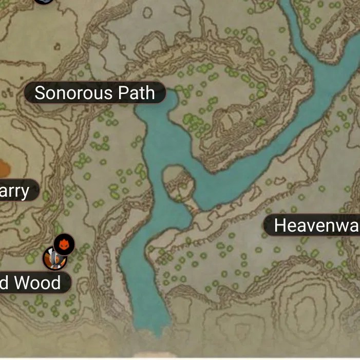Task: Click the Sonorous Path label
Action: pyautogui.click(x=95, y=93)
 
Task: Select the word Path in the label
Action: pyautogui.click(x=136, y=93)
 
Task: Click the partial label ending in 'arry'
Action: pyautogui.click(x=15, y=191)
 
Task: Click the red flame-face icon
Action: pyautogui.click(x=64, y=244)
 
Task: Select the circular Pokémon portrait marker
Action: pyautogui.click(x=53, y=258)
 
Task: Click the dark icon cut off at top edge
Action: pyautogui.click(x=45, y=2)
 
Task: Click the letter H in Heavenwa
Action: pyautogui.click(x=280, y=225)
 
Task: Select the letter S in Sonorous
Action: pyautogui.click(x=40, y=93)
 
